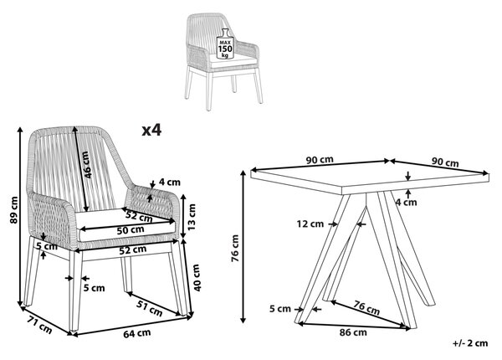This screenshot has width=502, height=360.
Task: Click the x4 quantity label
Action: pos(151,130)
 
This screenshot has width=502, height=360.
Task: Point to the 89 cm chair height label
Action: pos(13,210)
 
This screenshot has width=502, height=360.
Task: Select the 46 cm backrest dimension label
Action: pos(87,165)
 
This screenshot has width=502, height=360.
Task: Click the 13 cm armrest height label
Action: pos(191,217)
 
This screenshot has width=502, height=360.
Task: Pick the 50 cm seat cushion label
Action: pos(131,230)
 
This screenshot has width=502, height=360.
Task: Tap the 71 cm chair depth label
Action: pos(39,325)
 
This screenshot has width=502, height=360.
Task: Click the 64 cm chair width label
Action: pos(137,333)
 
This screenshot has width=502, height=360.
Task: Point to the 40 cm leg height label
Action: pos(197,278)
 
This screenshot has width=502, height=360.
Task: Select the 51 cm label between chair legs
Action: pos(150,307)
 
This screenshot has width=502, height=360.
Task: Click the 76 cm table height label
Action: pos(235,248)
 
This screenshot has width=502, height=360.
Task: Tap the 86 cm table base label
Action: pos(353,332)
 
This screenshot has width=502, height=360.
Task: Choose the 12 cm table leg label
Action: pos(310,224)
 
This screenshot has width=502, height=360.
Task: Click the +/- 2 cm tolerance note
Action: pos(470,343)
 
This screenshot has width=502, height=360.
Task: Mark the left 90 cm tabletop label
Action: pos(320,160)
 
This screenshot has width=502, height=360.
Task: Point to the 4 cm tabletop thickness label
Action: pos(407,203)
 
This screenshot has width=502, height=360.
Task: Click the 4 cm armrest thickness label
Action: pos(170,183)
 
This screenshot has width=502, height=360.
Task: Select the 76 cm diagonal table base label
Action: pos(366,307)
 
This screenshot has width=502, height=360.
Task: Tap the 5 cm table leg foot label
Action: pos(280,309)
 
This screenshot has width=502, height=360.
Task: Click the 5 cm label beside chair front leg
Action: pos(94,288)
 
